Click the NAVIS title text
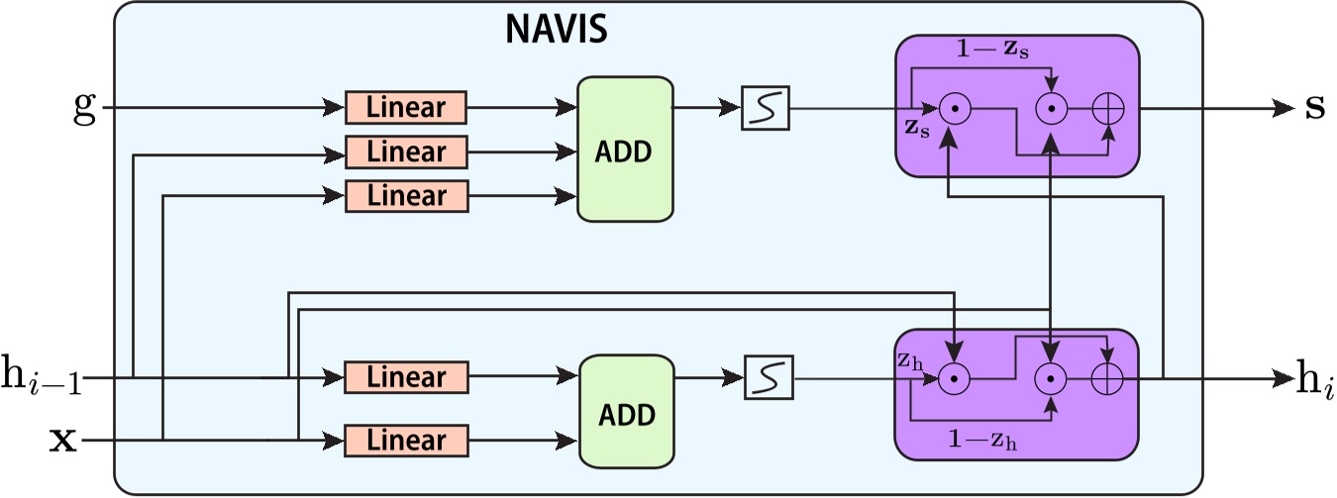click(556, 30)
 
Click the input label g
click(85, 107)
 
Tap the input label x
click(62, 440)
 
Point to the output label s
click(1314, 107)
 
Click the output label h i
click(1315, 379)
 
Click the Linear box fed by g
click(406, 107)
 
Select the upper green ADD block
click(625, 149)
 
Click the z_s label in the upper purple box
click(917, 128)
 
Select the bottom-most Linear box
click(406, 440)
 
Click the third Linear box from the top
click(406, 196)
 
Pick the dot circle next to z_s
click(954, 110)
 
